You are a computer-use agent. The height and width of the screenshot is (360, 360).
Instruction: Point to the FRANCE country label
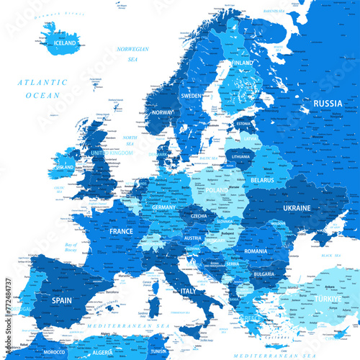click(121, 232)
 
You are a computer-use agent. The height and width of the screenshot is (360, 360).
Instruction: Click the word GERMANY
click(163, 207)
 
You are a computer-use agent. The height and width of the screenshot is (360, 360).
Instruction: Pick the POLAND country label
click(215, 190)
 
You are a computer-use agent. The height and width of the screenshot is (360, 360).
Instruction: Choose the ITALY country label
click(188, 290)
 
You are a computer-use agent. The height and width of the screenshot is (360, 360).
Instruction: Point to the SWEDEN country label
click(191, 95)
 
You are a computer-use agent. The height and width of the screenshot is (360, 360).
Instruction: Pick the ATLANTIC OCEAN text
click(42, 89)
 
